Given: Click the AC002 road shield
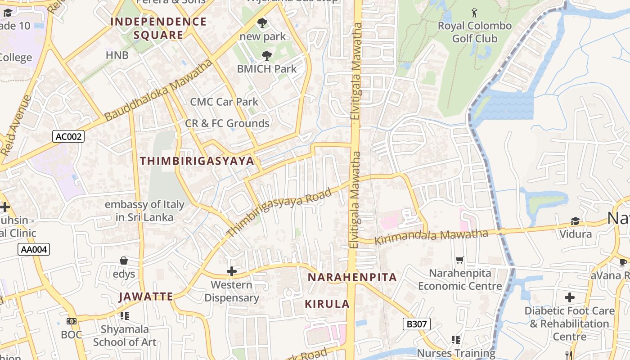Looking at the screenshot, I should pos(68,136).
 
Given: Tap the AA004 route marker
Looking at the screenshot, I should pos(34,249).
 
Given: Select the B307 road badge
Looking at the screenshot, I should pos(417,324).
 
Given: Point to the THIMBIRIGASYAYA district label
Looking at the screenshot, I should pos(197,161).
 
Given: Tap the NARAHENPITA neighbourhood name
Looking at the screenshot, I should pos(352,277).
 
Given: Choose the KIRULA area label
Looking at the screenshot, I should pos(327,304).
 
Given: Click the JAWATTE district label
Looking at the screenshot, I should pos(146,297).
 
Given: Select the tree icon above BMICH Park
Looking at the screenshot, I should pos(267,56).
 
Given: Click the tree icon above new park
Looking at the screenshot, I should pos(262,22).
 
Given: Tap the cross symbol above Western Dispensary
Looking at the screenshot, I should pos(232,271).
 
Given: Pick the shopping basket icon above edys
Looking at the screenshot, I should pos(124,261).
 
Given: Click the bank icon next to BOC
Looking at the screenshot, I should pos(72,321).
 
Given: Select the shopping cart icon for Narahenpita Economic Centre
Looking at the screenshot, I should pos(459,260).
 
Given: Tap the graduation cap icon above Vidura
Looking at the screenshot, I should pos(575,220).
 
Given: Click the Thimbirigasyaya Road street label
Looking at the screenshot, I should pos(279,213).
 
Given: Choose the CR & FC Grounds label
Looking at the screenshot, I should pos(227,123).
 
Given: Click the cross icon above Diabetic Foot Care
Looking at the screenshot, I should pos(570,297).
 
